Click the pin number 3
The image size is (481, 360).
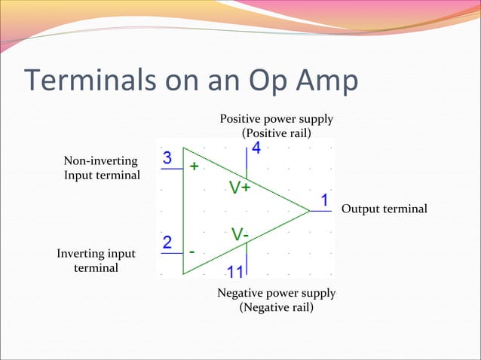click(x=167, y=159)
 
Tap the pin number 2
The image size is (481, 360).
click(x=167, y=243)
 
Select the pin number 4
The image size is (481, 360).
click(x=256, y=148)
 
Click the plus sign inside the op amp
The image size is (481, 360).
click(x=194, y=166)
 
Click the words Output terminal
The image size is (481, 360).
click(x=384, y=209)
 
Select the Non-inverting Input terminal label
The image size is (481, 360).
click(x=101, y=168)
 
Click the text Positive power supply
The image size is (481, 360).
click(x=276, y=120)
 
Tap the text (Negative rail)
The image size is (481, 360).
click(x=276, y=307)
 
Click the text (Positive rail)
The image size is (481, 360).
click(x=276, y=133)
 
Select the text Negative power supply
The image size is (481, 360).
click(x=276, y=293)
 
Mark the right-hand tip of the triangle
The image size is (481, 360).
click(x=310, y=211)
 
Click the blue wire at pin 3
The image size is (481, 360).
click(x=172, y=169)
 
